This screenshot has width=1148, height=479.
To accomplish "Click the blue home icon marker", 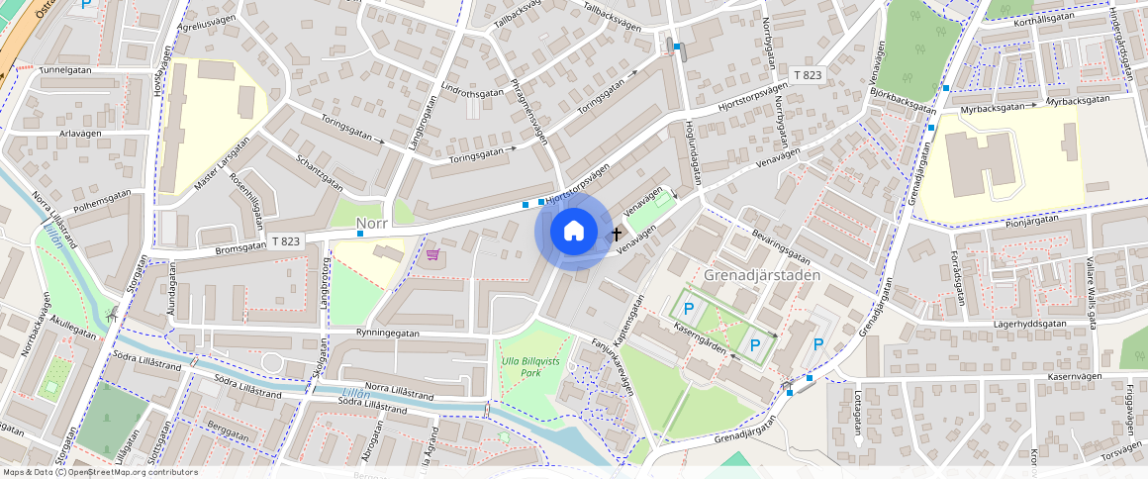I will click(573, 232).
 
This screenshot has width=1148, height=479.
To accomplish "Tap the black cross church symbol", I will click(618, 235).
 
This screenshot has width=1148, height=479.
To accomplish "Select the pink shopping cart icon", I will click(432, 254).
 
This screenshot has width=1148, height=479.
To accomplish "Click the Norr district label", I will click(371, 225).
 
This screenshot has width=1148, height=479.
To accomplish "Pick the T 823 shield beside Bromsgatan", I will click(285, 241).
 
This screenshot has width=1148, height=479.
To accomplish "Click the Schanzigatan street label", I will click(318, 172).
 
